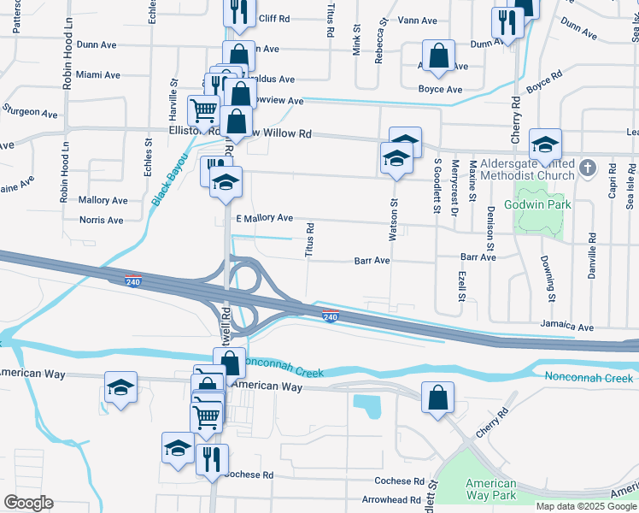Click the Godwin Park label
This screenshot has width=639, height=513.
[537, 205]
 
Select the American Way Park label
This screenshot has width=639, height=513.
[490, 489]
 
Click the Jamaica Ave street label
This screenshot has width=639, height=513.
[566, 327]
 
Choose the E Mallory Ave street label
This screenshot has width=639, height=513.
[264, 219]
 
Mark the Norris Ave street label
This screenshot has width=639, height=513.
[102, 220]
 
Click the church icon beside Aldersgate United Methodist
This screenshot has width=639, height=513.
[587, 168]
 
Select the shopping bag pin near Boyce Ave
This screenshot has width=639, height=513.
[438, 56]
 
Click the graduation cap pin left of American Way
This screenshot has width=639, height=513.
[121, 386]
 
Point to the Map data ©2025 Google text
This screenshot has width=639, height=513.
[586, 506]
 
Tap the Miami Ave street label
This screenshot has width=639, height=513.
[96, 75]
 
